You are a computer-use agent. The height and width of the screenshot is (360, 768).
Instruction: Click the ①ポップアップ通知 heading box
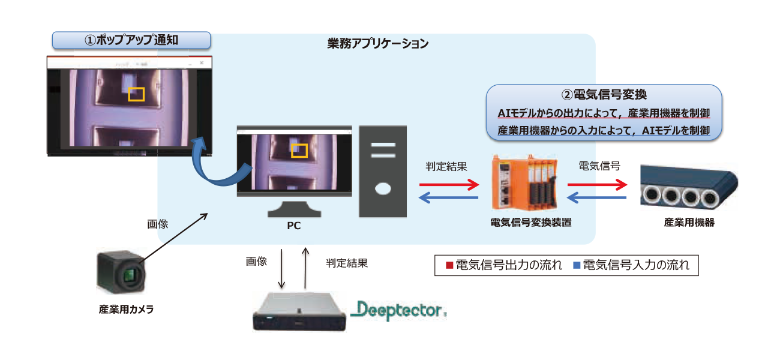pyautogui.click(x=131, y=40)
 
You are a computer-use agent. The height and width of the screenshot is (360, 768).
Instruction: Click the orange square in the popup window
pyautogui.click(x=136, y=94)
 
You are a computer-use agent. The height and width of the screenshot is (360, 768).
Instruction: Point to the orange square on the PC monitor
pyautogui.click(x=299, y=150)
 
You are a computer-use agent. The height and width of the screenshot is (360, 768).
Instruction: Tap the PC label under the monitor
pyautogui.click(x=294, y=226)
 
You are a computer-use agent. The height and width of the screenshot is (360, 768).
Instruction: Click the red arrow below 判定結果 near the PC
pyautogui.click(x=448, y=184)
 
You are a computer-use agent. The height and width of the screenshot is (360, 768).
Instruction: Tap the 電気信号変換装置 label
pyautogui.click(x=530, y=223)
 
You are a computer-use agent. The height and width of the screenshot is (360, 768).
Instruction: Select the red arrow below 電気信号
pyautogui.click(x=596, y=184)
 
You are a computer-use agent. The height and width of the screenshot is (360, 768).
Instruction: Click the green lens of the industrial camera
pyautogui.click(x=130, y=276)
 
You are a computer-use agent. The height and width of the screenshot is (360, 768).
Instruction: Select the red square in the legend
pyautogui.click(x=448, y=265)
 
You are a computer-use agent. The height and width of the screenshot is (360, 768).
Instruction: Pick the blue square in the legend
pyautogui.click(x=577, y=265)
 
